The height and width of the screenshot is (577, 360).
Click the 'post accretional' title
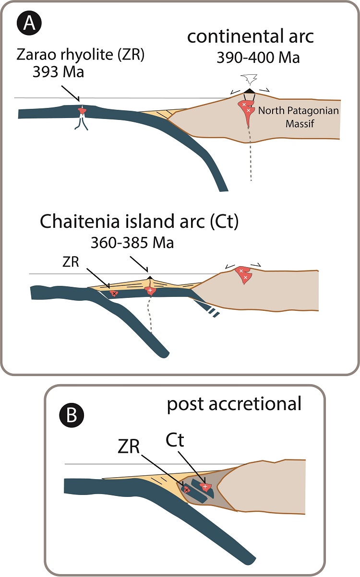coord(234,404)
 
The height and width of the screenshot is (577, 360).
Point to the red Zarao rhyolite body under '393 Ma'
coord(83,112)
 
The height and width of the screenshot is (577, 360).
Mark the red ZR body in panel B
coord(187,490)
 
